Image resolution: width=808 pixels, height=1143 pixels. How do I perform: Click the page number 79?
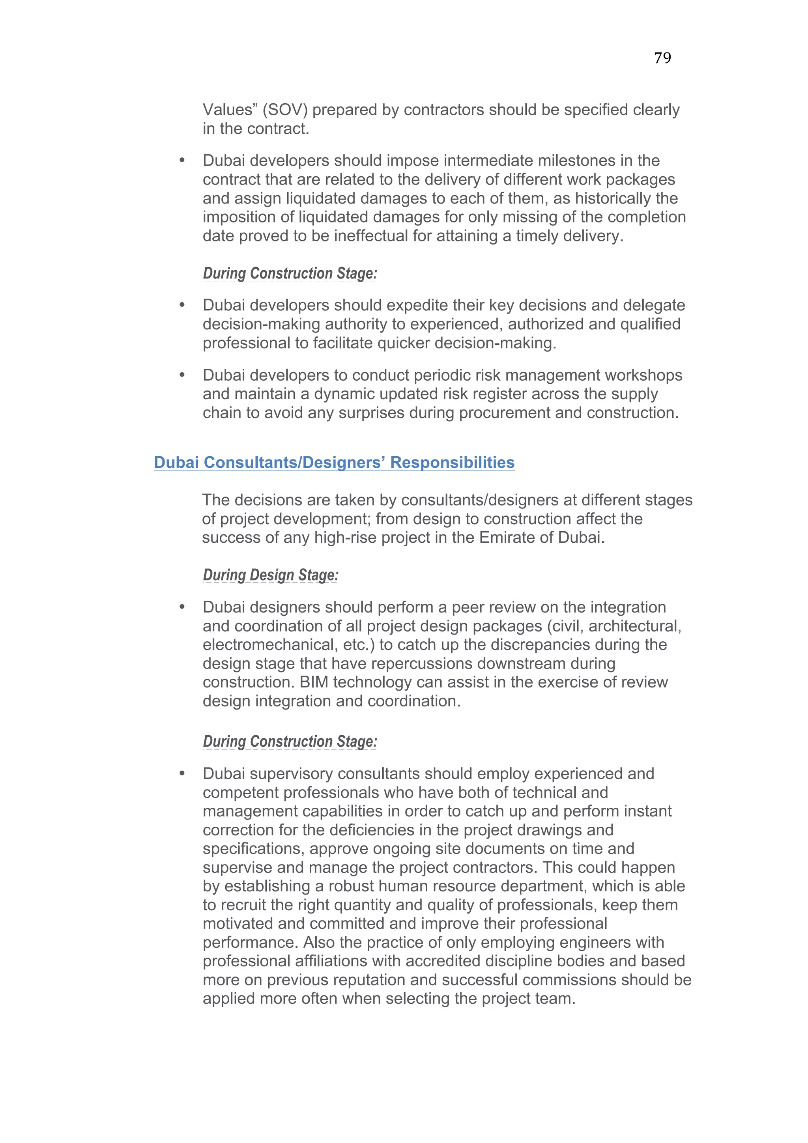[x=662, y=58]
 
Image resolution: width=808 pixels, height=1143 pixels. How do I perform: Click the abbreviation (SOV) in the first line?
[x=285, y=110]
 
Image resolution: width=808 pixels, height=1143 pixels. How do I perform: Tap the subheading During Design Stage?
[x=270, y=575]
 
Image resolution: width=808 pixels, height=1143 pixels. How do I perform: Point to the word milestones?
[x=572, y=161]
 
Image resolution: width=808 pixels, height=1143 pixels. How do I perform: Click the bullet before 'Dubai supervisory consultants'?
[x=182, y=773]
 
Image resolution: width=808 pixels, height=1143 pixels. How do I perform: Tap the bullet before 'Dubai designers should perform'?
[x=182, y=607]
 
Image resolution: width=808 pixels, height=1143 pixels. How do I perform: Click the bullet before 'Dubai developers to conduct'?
[x=182, y=375]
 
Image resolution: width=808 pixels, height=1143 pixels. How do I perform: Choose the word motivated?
[x=238, y=924]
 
